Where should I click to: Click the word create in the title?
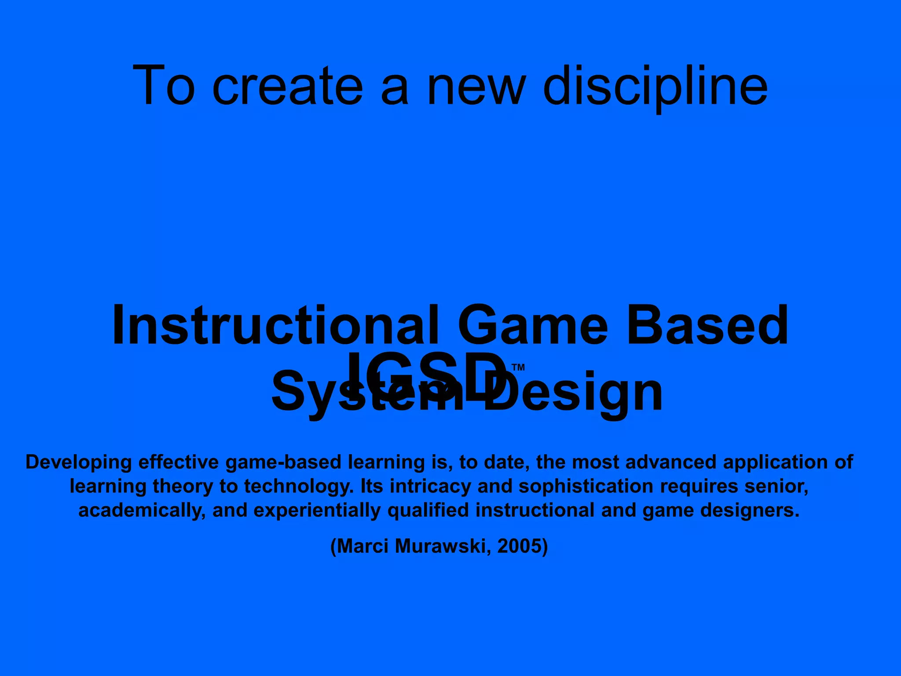point(288,86)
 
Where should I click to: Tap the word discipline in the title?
point(656,86)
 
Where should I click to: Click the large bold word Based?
point(707,326)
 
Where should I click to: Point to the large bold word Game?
point(533,326)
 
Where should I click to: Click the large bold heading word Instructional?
point(275,326)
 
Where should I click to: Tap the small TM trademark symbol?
point(518,367)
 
